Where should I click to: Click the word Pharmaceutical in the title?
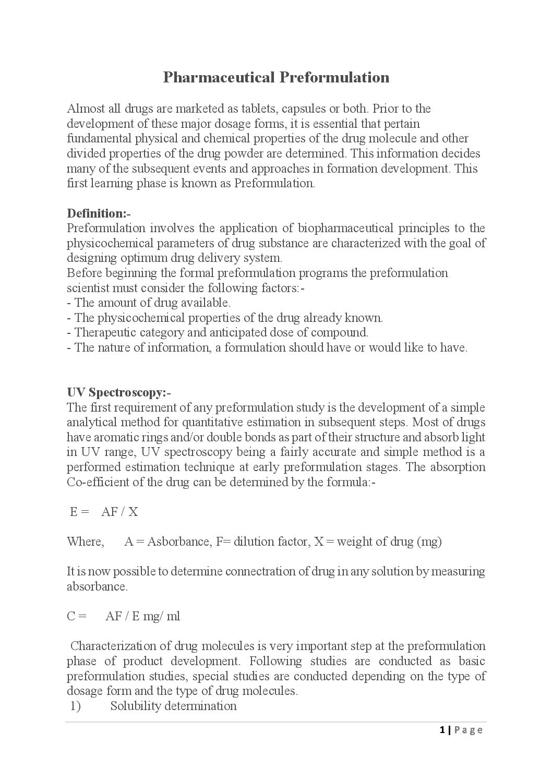pyautogui.click(x=218, y=77)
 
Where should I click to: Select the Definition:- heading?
pyautogui.click(x=99, y=213)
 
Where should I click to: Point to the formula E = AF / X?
pyautogui.click(x=104, y=512)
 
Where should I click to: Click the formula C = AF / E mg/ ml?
pyautogui.click(x=124, y=616)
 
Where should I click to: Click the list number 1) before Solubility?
pyautogui.click(x=76, y=706)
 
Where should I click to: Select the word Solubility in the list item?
pyautogui.click(x=135, y=706)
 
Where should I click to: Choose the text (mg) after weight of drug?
pyautogui.click(x=429, y=542)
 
